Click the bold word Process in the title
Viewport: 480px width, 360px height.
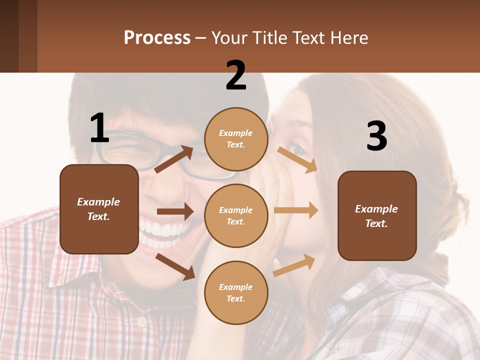(x=157, y=37)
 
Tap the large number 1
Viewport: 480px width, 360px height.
(x=99, y=128)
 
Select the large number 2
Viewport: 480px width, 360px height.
(x=236, y=75)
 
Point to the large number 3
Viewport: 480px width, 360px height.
(x=376, y=136)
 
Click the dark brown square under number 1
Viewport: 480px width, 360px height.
(x=99, y=209)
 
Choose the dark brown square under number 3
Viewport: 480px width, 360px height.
(x=377, y=215)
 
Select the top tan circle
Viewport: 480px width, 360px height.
(x=236, y=139)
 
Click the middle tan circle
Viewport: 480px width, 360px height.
(x=236, y=215)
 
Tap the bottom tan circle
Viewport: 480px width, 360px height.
(x=236, y=292)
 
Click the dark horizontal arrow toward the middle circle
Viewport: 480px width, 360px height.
(x=174, y=211)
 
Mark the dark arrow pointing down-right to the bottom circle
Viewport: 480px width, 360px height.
(x=175, y=266)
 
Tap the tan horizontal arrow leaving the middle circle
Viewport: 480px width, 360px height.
(x=295, y=210)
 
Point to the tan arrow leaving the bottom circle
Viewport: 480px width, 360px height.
(x=294, y=265)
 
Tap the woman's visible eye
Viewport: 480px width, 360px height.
(x=298, y=149)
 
